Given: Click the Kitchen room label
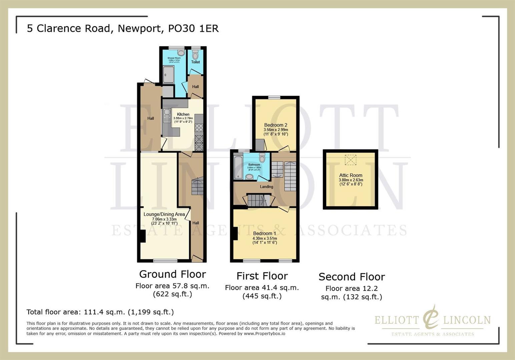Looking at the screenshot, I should coord(183,114).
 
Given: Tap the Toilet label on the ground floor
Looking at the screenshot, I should coord(195,62).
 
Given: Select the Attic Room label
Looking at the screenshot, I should coord(351,175).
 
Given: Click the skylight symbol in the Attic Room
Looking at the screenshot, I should coord(350,160).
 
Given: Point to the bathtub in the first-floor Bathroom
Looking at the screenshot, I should coord(238,167).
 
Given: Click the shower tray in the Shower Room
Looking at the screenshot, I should coord(168,74).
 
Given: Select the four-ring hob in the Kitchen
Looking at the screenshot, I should coord(199,128).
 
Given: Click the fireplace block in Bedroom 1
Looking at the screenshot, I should coord(235,233).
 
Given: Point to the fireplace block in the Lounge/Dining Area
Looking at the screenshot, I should coord(142,236).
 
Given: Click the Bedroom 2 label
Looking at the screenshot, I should coord(276,125).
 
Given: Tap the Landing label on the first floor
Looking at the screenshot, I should coord(267,187).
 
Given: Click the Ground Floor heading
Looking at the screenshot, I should coord(172,274).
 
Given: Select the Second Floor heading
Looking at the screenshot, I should coord(352,277).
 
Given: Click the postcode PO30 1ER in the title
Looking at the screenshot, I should coord(193,29).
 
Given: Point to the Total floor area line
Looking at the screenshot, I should coord(100,312).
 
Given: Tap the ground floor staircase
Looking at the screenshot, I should coord(197,186).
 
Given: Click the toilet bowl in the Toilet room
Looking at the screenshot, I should coord(195,55).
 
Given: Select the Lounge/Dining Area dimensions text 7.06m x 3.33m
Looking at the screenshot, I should coord(164,219).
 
